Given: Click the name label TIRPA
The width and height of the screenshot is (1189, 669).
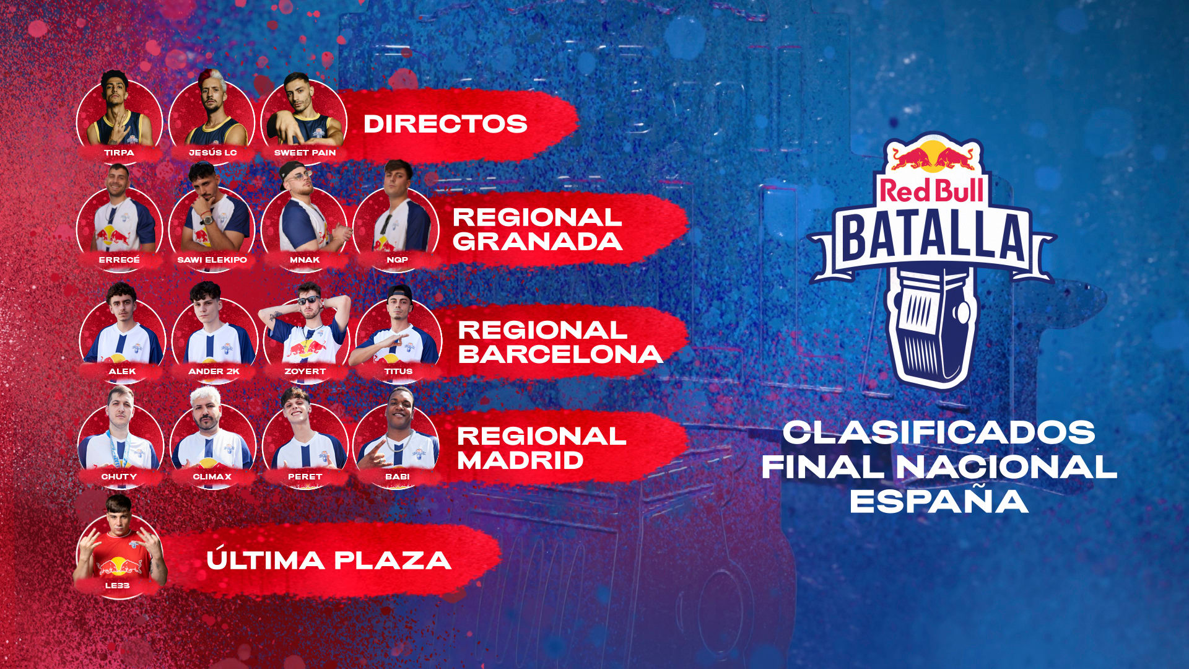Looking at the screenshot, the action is [119, 152].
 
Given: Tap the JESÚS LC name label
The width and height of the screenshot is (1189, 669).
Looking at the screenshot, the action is [212, 152].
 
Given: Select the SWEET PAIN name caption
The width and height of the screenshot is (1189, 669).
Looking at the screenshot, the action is [305, 152].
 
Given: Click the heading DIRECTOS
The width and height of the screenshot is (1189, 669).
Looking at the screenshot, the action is [445, 124].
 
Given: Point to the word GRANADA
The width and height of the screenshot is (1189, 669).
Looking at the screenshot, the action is [537, 242].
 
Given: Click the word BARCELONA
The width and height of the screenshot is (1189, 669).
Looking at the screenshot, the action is [560, 354].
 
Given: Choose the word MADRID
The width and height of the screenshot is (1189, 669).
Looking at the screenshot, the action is [520, 460].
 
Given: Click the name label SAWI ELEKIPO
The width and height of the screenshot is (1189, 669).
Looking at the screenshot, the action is [212, 260].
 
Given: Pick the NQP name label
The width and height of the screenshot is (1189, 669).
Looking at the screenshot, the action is [397, 260].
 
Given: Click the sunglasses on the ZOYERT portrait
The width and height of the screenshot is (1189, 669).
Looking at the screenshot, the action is [309, 300].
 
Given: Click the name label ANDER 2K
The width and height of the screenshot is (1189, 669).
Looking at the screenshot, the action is [214, 371].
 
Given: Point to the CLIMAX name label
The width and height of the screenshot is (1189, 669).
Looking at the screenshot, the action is [212, 476].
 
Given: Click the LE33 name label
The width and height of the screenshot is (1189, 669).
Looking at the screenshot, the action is [117, 585].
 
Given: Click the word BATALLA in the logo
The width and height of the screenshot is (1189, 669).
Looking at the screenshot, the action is [932, 237].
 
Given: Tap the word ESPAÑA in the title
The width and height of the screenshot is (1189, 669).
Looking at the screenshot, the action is [939, 501].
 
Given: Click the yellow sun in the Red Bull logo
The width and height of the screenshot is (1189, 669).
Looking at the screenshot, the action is [932, 155].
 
